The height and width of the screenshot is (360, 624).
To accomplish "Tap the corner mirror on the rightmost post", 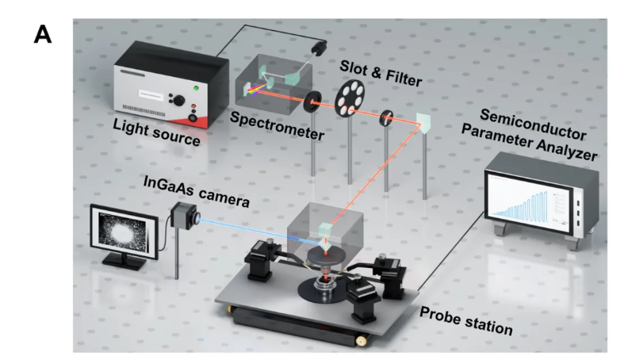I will pyautogui.click(x=425, y=122).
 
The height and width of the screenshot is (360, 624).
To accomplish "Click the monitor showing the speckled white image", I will pyautogui.click(x=124, y=233).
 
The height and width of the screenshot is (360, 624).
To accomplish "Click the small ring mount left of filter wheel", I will pyautogui.click(x=309, y=101).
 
